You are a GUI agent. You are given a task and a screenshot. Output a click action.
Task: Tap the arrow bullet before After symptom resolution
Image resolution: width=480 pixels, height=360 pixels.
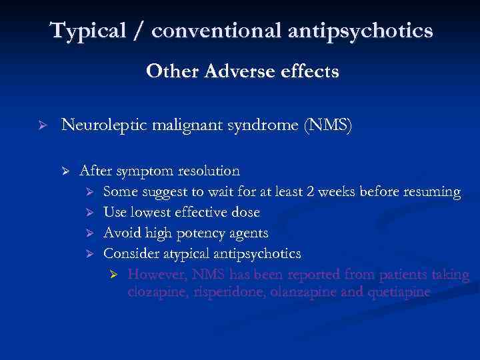(65, 172)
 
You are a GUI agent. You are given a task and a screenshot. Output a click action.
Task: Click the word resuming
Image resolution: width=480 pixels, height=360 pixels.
(431, 193)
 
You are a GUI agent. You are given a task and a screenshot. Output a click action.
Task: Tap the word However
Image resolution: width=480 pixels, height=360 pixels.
(156, 275)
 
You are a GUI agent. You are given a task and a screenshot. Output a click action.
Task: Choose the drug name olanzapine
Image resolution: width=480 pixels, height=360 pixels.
(305, 292)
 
